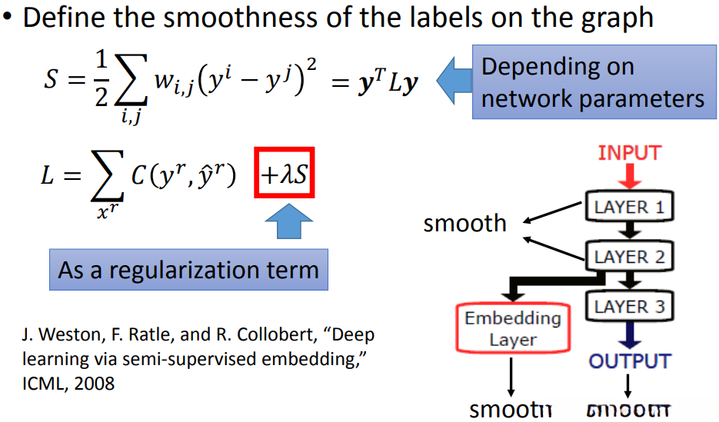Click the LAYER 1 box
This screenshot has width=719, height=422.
pos(629,206)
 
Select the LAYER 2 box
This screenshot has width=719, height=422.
pos(629,256)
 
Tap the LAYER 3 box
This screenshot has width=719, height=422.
pos(629,307)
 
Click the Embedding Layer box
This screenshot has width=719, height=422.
pos(512,328)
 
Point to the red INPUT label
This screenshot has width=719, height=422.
pos(629,152)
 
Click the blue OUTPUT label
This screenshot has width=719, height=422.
pos(629,361)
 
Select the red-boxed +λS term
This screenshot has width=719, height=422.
pos(284,177)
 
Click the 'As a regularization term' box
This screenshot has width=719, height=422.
pos(188,270)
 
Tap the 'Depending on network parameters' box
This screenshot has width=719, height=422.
pos(592,83)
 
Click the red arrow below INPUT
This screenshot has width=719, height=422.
pos(629,178)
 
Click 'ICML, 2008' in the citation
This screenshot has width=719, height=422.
pos(68,382)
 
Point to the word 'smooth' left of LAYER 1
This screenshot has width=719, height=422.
pos(464,224)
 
